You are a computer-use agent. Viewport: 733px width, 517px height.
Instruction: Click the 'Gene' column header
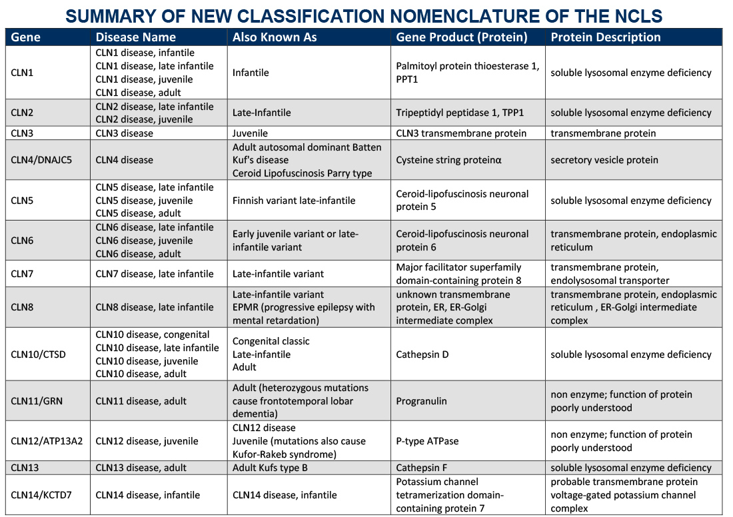coord(26,37)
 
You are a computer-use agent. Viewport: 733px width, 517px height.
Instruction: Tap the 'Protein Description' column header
coord(605,37)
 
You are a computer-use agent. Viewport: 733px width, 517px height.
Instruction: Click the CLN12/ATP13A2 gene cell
coord(47,441)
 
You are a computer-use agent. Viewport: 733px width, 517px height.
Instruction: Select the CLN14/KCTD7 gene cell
coord(42,495)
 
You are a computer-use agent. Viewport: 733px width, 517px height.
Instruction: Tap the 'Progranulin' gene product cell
coord(421,401)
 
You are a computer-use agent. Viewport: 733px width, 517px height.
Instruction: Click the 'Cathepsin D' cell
coord(422,354)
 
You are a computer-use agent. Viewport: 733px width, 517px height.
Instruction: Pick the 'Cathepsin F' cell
coord(422,468)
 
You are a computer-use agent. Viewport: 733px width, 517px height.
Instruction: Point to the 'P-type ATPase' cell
coord(427,441)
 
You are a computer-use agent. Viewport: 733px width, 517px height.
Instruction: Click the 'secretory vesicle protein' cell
coord(604,160)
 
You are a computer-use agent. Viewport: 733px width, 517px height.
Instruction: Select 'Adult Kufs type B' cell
coord(271,468)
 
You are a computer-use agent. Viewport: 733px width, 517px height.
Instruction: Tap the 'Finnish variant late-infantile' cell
coord(294,201)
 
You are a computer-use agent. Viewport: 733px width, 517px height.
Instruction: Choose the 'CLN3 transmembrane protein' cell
coord(461,133)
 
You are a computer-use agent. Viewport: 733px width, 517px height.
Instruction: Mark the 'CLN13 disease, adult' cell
coord(141,468)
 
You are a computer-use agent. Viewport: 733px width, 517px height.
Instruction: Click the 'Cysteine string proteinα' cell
coord(448,160)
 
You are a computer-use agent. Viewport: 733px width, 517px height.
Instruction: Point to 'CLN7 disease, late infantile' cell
coord(155,274)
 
